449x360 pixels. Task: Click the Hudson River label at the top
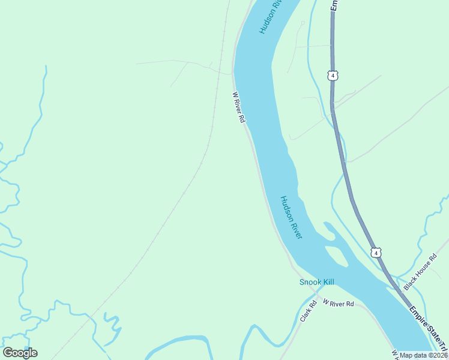271,17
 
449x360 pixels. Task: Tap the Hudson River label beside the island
291,217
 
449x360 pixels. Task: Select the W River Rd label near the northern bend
239,107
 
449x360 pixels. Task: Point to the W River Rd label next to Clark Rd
338,304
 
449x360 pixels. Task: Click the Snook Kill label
316,282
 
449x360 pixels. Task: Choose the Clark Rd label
308,311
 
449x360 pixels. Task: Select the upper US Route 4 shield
333,75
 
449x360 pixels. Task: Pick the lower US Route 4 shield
375,253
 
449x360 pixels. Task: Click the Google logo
20,353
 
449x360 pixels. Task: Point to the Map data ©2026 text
424,355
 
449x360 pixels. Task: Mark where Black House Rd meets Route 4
396,286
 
